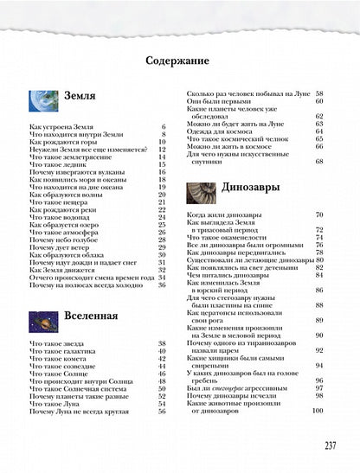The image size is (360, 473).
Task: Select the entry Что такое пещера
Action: (x=60, y=201)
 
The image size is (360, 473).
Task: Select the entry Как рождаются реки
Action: (x=63, y=208)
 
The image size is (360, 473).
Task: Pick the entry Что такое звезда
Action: (x=57, y=342)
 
